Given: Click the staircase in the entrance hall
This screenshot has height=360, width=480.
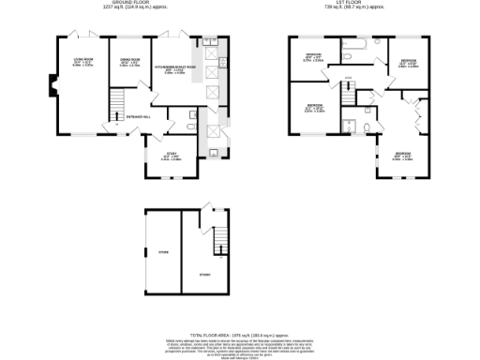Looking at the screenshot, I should pos(118,101).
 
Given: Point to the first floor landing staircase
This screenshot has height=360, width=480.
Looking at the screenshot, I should pos(350,95).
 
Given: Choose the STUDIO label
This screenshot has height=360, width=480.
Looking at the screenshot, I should pos(204,274).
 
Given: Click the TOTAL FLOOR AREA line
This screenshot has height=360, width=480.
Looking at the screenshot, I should pos(239,333).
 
